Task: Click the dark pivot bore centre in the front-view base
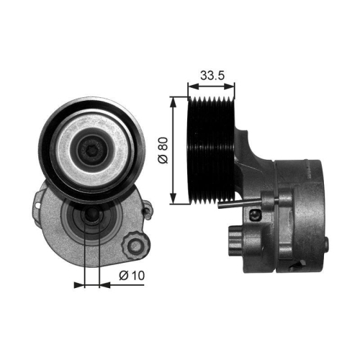tap(91, 218)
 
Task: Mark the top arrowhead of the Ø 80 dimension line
tap(173, 96)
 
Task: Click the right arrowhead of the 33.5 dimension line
tap(233, 84)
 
